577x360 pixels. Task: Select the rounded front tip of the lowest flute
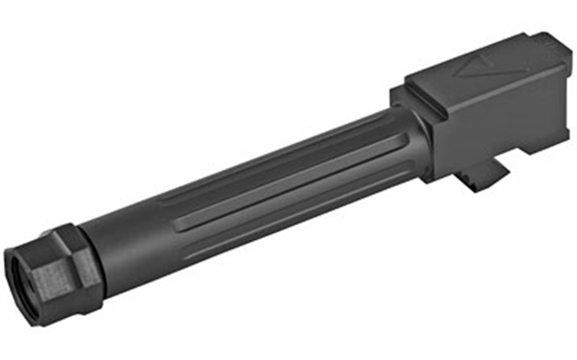click(181, 226)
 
